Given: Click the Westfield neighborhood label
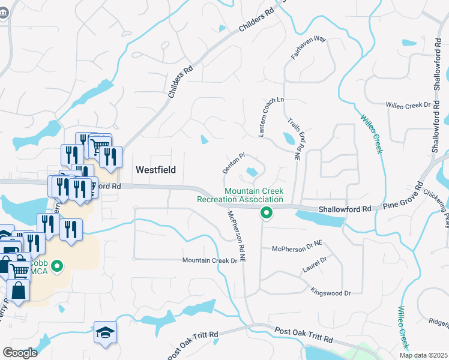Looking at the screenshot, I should pos(155,170).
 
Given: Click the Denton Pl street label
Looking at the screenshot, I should pos(234,163).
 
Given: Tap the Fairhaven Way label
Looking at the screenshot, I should pos(308,47).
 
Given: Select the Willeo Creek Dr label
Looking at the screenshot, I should pos(409,105).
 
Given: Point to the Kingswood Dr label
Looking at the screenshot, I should pos(330,292).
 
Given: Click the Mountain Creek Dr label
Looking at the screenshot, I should pos(210,260).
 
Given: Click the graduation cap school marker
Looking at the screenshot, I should pos(105,333).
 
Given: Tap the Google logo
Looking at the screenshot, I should pos(20,352).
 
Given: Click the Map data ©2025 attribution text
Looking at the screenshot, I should pos(423,355).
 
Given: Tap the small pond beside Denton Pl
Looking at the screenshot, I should pos(252,172).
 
